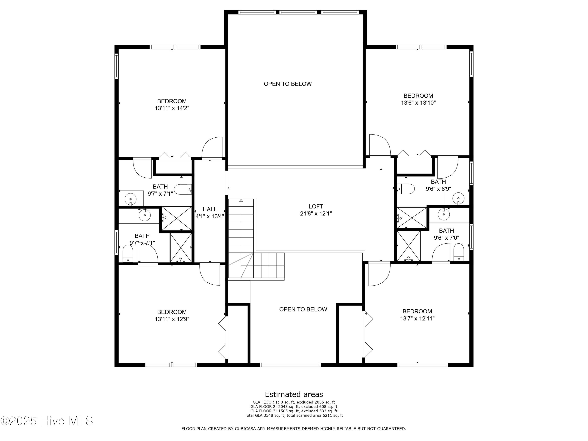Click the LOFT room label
click(316, 207)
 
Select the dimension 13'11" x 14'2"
click(172, 108)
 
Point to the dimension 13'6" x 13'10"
click(418, 103)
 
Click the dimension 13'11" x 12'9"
click(172, 319)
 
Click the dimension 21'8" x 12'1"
click(316, 213)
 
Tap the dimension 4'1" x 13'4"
click(210, 216)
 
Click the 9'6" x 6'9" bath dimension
click(438, 189)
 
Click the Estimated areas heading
click(294, 394)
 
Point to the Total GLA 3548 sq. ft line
click(294, 415)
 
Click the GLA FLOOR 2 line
click(294, 407)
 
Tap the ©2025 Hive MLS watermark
click(47, 421)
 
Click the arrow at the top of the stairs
click(241, 201)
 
